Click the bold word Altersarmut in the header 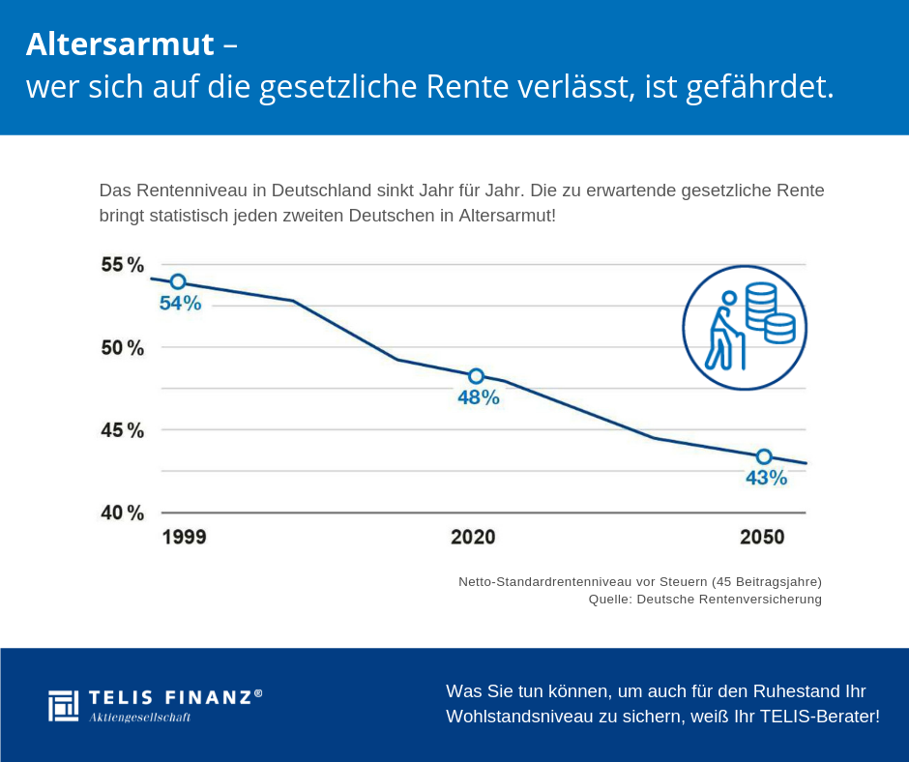coord(120,44)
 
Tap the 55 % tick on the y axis coord(123,265)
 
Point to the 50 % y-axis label coord(123,347)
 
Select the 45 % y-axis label coord(123,430)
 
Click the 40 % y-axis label coord(123,513)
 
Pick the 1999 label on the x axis coord(184,538)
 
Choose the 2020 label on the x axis coord(473,538)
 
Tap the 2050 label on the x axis coord(762,538)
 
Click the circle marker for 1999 coord(178,281)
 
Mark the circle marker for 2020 coord(476,376)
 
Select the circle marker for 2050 coord(764,456)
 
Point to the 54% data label coord(181,304)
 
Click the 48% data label coord(479,397)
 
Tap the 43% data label coord(766,478)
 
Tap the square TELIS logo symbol coord(63,705)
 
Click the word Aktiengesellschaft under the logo coord(139,718)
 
